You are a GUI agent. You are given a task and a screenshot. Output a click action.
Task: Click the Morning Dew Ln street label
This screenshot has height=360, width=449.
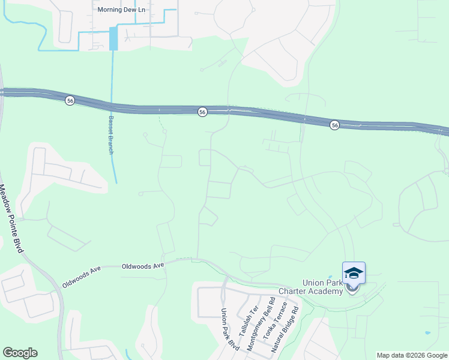122,10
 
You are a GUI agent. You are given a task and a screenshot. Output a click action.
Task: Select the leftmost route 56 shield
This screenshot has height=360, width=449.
70,101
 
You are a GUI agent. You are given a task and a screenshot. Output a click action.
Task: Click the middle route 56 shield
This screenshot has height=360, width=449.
203,112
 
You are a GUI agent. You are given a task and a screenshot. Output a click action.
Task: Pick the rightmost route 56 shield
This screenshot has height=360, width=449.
334,124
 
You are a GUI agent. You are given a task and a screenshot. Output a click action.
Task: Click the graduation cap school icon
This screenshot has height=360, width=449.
354,273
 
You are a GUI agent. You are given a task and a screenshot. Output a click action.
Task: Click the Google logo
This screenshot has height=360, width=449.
20,353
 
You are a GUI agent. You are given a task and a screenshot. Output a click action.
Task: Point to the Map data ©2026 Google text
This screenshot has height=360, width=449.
411,355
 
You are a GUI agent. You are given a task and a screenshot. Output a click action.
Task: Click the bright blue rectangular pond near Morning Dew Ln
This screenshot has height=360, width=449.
113,39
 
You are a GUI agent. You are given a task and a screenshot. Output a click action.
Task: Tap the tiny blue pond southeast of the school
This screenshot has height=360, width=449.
427,332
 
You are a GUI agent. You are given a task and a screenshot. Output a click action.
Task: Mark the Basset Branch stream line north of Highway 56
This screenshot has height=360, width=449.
112,72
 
